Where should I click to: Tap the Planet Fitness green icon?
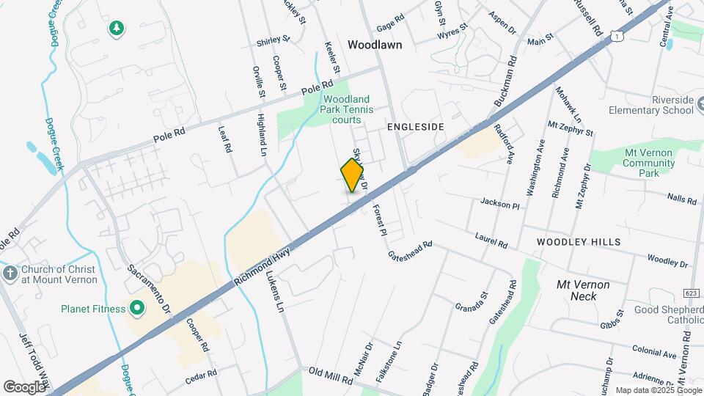coord(136,308)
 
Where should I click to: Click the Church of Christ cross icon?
coord(10,274)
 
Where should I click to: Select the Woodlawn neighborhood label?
coord(375,45)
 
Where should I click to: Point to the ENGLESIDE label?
coord(416,127)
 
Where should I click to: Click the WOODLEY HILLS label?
coord(578,241)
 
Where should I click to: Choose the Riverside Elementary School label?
coord(651,105)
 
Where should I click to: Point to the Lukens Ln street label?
coord(274,293)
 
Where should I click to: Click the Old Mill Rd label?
coord(331,373)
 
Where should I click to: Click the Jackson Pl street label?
coord(499,202)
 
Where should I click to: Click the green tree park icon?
coord(116,28)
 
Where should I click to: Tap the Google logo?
coord(24,386)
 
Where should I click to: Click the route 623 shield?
coord(691,272)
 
